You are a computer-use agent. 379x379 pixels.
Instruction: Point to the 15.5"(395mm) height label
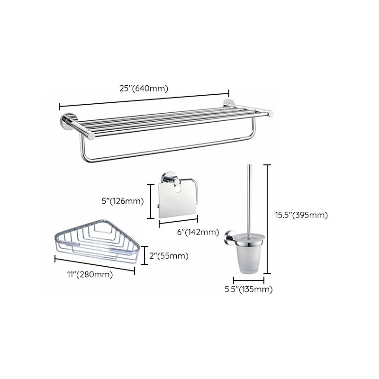pyautogui.click(x=301, y=215)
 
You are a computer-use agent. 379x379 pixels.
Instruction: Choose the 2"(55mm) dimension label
pyautogui.click(x=169, y=256)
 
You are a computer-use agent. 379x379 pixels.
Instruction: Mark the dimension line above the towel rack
pyautogui.click(x=144, y=99)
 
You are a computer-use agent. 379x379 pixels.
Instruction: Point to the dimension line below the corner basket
pyautogui.click(x=95, y=264)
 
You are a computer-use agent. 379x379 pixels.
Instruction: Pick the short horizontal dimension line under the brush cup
pyautogui.click(x=249, y=281)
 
